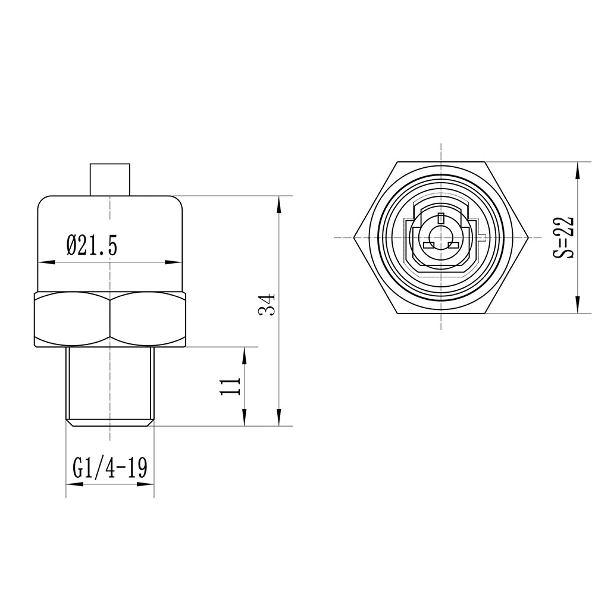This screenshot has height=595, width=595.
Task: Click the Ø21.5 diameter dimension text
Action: [92, 245]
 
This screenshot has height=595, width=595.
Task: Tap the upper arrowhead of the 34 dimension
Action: [280, 202]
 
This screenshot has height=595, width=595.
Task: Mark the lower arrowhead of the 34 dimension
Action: [280, 420]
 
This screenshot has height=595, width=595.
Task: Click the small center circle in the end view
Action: [440, 233]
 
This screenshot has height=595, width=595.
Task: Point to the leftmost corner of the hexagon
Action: [354, 237]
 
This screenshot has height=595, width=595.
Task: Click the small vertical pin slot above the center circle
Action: [440, 218]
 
